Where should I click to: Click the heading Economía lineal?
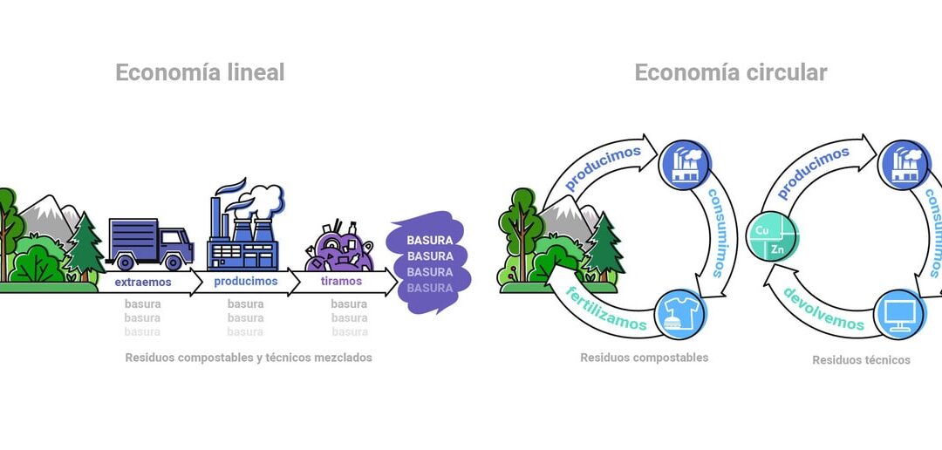(x=200, y=73)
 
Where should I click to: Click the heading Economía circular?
(x=730, y=73)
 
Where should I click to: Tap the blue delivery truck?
(x=149, y=243)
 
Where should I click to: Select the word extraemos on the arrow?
(x=143, y=283)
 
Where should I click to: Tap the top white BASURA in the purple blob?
(x=430, y=240)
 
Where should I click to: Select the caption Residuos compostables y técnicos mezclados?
(x=249, y=358)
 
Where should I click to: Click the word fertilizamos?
(x=606, y=309)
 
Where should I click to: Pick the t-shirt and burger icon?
(x=679, y=314)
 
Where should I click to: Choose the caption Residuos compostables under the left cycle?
(x=644, y=358)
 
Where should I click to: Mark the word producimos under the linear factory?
(x=246, y=282)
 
